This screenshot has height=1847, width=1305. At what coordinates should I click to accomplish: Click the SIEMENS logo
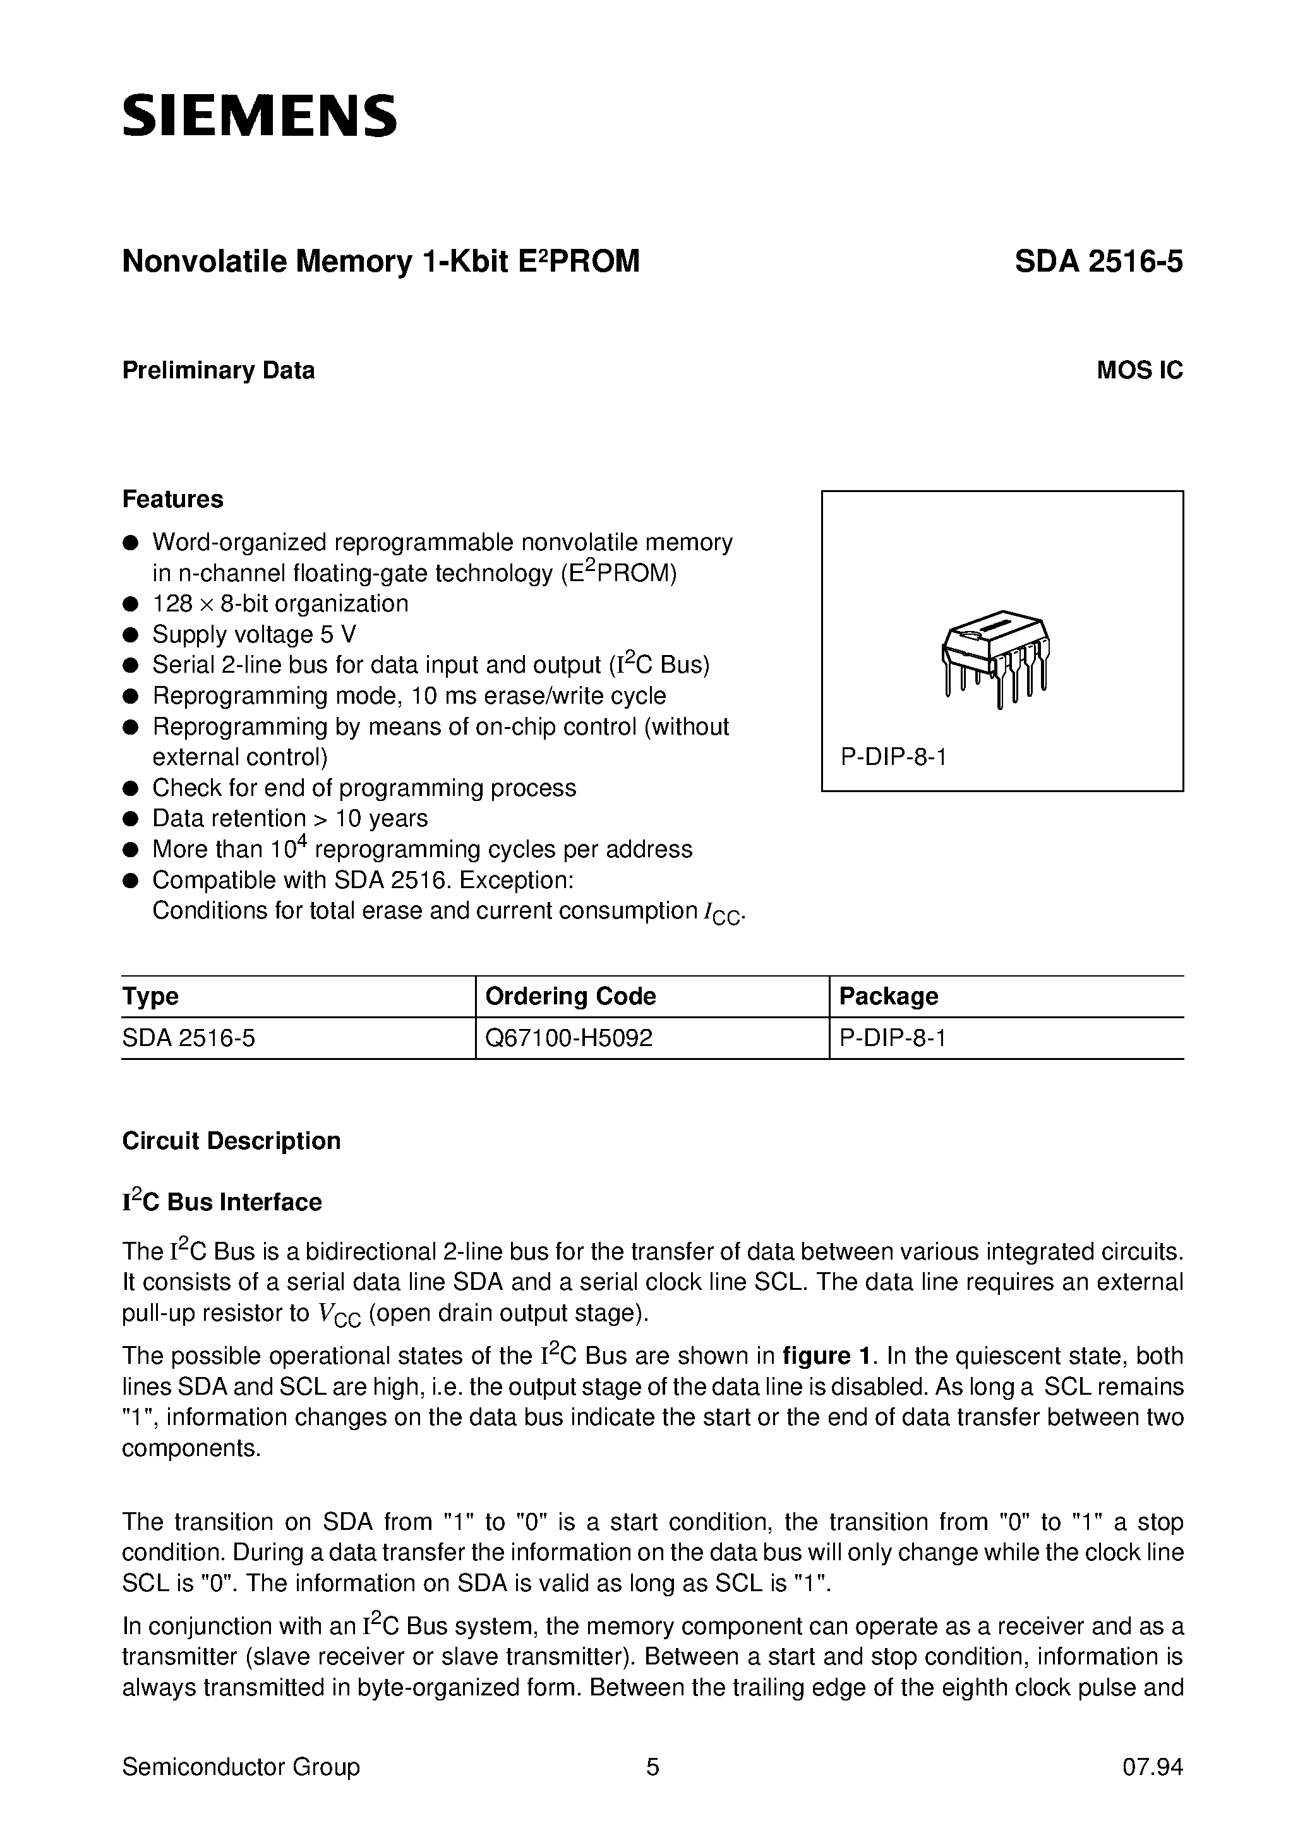coord(259,115)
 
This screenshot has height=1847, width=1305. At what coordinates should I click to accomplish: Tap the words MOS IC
coord(1140,370)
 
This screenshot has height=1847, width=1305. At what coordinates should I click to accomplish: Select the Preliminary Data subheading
coord(218,370)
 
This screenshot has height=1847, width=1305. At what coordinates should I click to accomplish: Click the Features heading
coord(172,499)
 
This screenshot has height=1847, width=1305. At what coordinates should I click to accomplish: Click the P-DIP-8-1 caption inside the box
coord(893,757)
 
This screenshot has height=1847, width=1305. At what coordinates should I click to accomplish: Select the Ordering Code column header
coord(570,996)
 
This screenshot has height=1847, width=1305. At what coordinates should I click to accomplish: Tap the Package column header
coord(888,996)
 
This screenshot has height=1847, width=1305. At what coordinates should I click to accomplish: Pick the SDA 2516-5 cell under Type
coord(188,1038)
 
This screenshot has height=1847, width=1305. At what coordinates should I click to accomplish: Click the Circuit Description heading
coord(231,1141)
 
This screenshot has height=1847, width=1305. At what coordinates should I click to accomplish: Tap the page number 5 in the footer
coord(652,1767)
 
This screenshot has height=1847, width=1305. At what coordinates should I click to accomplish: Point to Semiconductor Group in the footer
coord(241,1767)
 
